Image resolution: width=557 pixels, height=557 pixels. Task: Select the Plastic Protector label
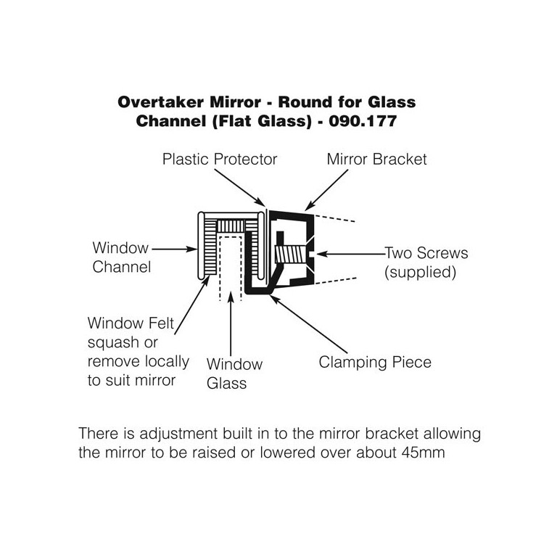[220, 158]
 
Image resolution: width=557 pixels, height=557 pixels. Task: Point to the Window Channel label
[121, 257]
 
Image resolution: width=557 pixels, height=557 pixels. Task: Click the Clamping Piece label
[375, 361]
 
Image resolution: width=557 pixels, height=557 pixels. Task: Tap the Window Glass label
[234, 373]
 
